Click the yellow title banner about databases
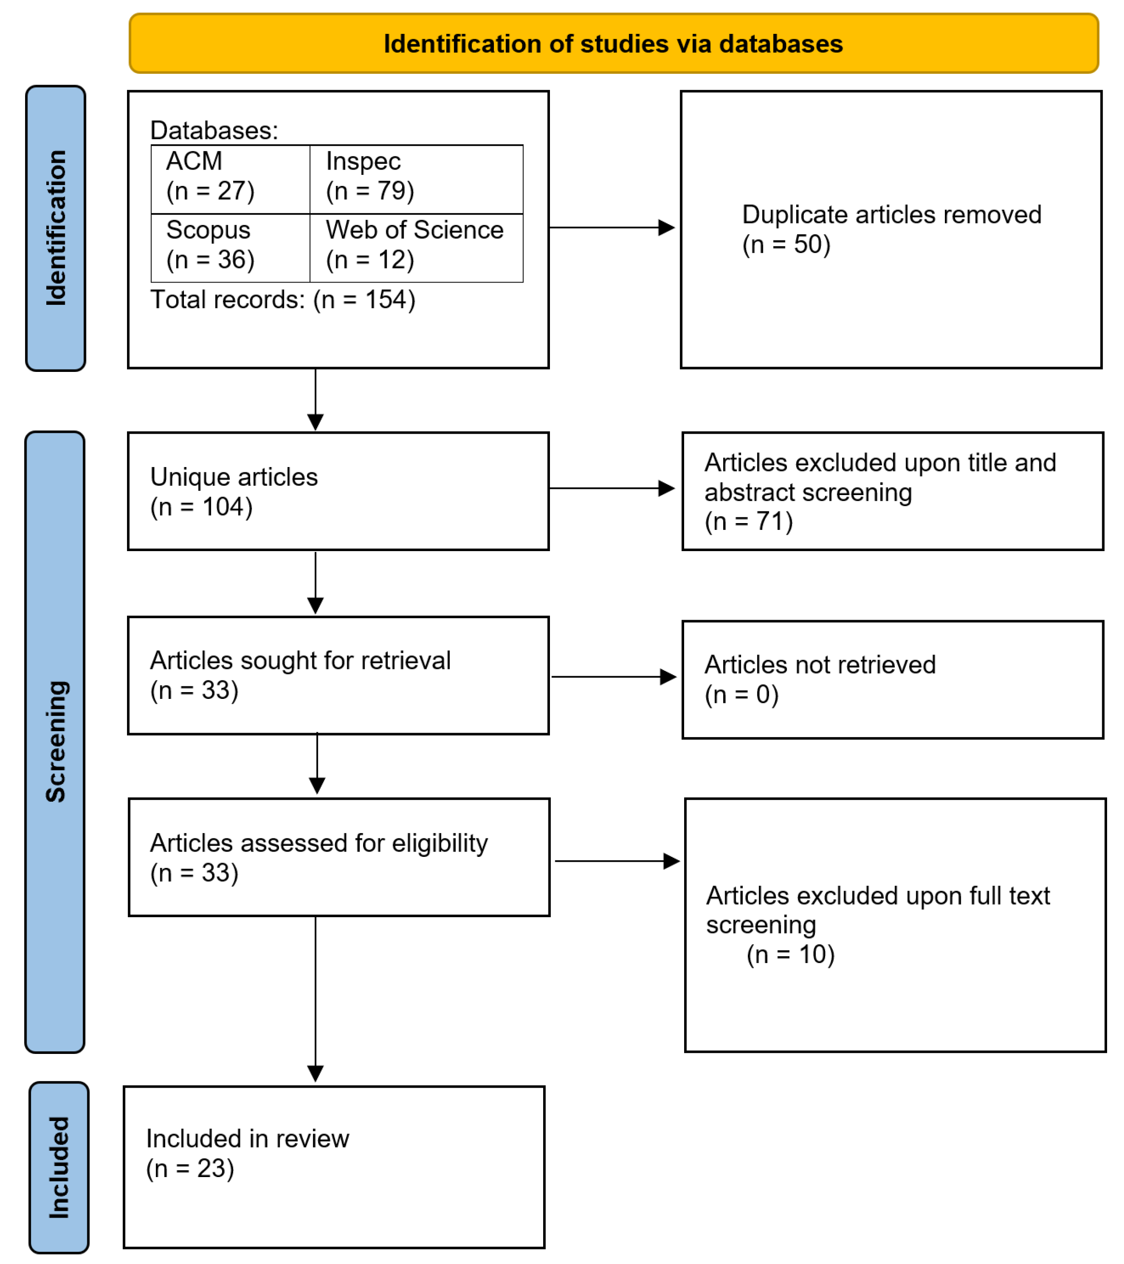pyautogui.click(x=613, y=44)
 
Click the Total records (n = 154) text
pyautogui.click(x=282, y=300)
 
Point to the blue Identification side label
pyautogui.click(x=56, y=228)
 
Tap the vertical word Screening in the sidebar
pyautogui.click(x=56, y=741)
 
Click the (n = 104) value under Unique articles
pyautogui.click(x=201, y=507)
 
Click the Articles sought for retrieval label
pyautogui.click(x=300, y=660)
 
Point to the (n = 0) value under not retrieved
pyautogui.click(x=741, y=695)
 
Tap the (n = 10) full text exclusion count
pyautogui.click(x=790, y=954)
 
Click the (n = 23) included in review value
pyautogui.click(x=190, y=1168)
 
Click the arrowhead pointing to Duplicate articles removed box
pyautogui.click(x=666, y=227)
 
